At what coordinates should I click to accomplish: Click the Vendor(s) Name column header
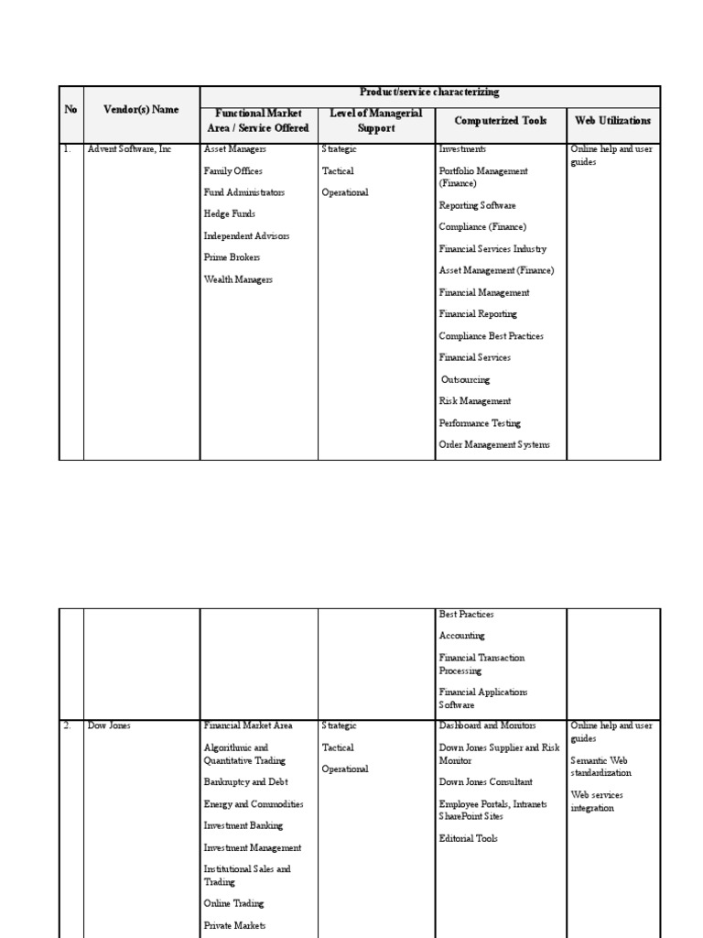141,110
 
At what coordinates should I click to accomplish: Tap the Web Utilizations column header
612,121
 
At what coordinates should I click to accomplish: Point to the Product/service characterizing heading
429,93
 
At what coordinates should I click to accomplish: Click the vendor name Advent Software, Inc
129,149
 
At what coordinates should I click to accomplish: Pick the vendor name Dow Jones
109,725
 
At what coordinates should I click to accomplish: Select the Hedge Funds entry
229,214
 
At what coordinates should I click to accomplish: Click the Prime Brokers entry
232,258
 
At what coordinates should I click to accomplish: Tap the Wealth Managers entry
238,280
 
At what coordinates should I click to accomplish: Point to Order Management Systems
494,445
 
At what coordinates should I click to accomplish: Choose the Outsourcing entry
465,380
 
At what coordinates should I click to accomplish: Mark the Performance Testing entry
480,424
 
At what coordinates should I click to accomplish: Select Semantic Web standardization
600,767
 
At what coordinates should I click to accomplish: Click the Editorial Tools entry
468,839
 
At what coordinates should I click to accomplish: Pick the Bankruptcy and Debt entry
245,783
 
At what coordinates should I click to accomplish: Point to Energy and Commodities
253,805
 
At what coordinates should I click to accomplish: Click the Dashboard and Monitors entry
487,725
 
